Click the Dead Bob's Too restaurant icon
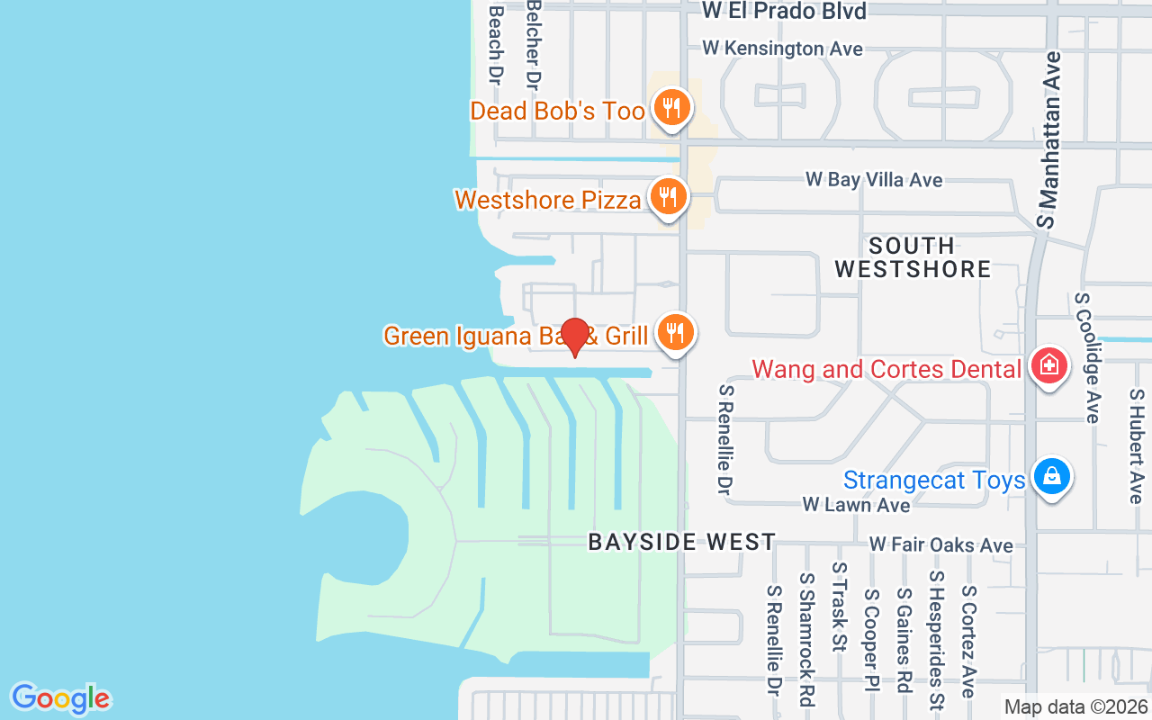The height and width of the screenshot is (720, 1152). (670, 107)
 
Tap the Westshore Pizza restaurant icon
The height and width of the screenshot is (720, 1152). (667, 195)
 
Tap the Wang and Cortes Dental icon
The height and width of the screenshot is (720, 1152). (1048, 366)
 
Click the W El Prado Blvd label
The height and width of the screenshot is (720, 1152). (784, 11)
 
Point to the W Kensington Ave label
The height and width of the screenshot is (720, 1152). (782, 49)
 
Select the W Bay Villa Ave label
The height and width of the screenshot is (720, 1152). (874, 180)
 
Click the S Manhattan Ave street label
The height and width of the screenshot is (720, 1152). (1049, 139)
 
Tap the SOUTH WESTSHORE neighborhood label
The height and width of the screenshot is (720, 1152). (913, 257)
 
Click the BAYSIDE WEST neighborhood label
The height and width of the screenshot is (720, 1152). (682, 542)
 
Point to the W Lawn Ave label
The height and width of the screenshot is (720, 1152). (856, 505)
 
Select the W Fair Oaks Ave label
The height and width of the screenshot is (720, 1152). (940, 545)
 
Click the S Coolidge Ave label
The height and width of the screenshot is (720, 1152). (1087, 357)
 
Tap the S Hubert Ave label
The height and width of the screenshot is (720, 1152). (1136, 445)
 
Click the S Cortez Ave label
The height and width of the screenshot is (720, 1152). (968, 641)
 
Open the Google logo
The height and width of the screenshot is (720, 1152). (60, 698)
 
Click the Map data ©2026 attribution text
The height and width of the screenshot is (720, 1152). (1075, 707)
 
